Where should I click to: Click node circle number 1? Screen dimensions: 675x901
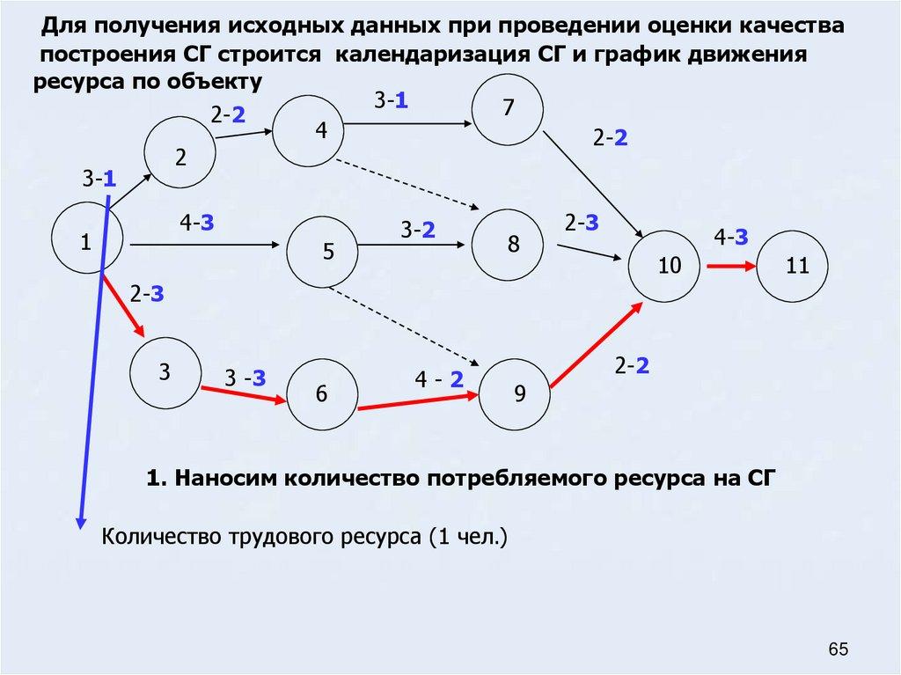(86, 241)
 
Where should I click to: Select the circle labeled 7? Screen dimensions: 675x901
(508, 108)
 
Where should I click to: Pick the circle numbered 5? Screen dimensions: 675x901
(324, 252)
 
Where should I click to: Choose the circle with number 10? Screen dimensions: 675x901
(668, 265)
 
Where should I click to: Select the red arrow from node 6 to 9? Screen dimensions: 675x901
(419, 400)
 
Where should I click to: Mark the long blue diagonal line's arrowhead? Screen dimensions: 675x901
(81, 520)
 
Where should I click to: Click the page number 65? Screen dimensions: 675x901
(838, 649)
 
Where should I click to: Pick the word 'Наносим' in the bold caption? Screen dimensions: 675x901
(220, 479)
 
